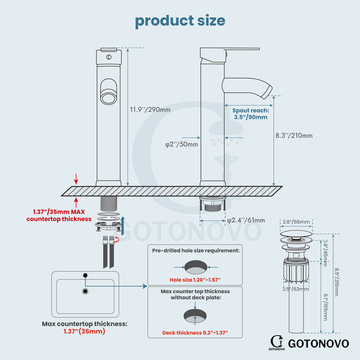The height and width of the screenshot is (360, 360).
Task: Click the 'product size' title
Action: click(x=180, y=21)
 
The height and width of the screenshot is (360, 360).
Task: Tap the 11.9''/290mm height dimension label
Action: click(x=150, y=109)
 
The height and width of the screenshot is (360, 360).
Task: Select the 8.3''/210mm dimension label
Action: click(x=295, y=136)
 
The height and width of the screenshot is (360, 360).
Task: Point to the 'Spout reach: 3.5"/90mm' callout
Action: click(x=250, y=114)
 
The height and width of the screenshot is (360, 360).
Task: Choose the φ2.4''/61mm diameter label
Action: click(x=246, y=221)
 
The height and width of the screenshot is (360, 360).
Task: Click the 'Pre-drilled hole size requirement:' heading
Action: click(x=195, y=250)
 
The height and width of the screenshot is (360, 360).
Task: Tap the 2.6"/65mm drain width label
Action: click(x=297, y=222)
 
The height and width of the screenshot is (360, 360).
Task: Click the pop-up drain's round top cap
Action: click(x=296, y=236)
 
